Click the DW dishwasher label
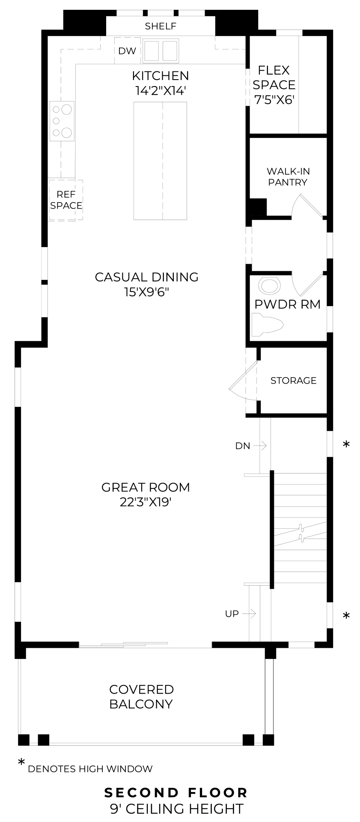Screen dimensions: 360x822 coord(127,51)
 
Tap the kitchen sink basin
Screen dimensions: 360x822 coord(161,51)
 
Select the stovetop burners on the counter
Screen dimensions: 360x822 coord(62,121)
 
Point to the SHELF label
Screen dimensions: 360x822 coord(161,27)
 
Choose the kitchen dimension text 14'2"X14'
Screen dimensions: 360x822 coord(161,91)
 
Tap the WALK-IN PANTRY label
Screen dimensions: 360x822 coord(288,177)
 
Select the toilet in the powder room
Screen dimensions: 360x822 coord(267,325)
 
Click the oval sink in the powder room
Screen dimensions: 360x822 coord(270,286)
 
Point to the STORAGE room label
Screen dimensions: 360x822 coord(294,381)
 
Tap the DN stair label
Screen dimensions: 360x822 coord(242,446)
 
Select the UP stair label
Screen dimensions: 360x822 coord(232,614)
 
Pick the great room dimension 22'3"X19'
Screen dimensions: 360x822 coord(146,502)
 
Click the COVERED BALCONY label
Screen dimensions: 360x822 coord(141,697)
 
